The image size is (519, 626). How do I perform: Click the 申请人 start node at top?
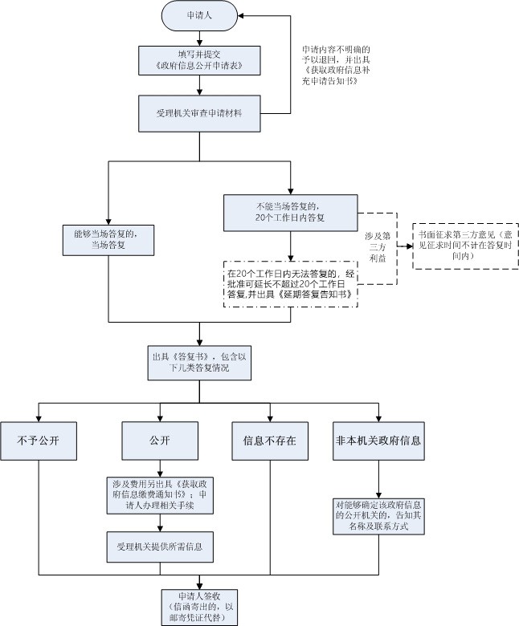199,15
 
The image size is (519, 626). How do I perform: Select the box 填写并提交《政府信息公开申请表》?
199,59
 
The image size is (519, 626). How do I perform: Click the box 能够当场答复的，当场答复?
108,239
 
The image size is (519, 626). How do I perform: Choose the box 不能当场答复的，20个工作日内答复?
290,211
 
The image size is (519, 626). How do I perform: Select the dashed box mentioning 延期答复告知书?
289,283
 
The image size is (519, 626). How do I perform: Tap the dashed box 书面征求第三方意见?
465,245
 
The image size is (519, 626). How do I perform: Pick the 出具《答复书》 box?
198,362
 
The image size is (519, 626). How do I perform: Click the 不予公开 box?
39,441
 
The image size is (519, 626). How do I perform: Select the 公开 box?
160,441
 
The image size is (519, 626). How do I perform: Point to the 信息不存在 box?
270,441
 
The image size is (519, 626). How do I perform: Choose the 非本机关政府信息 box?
378,441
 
